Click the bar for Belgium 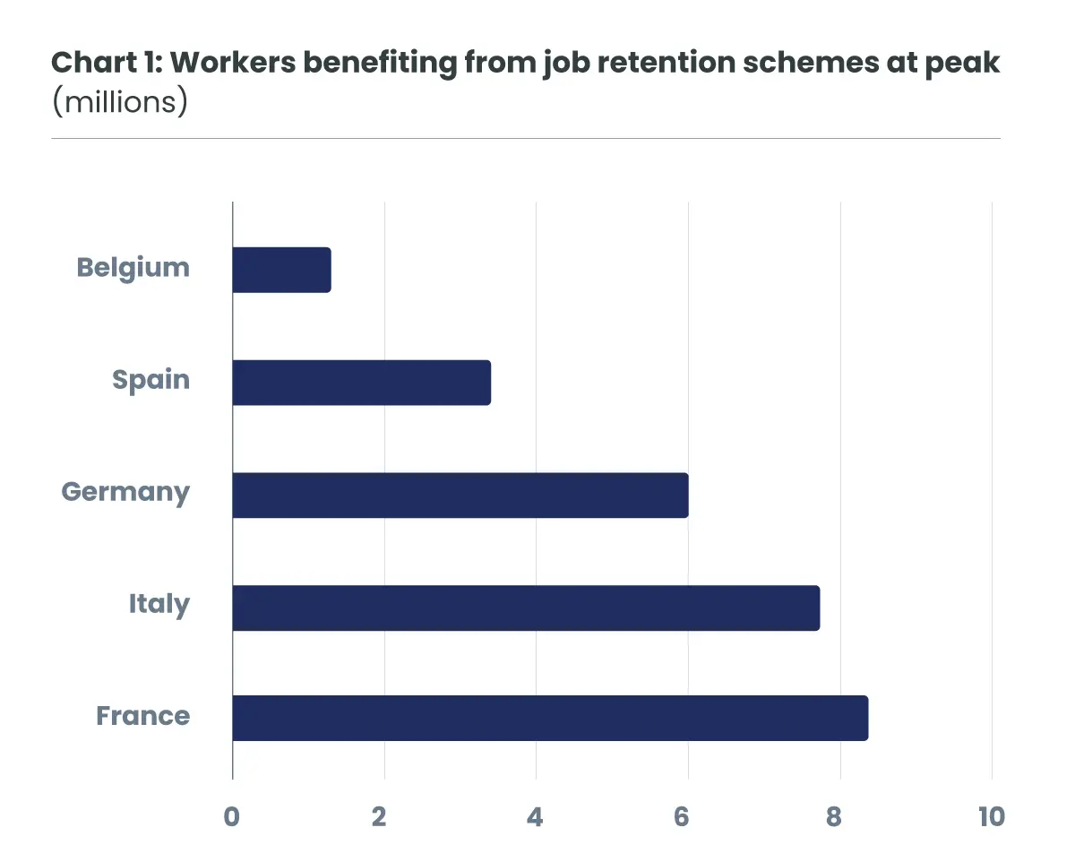coord(281,270)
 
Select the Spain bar coord(361,383)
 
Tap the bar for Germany coord(460,495)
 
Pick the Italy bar coord(526,608)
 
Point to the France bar coord(550,718)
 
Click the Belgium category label coord(133,268)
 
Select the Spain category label coord(150,380)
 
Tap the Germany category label coord(125,493)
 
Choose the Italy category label coord(159,605)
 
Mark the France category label coord(142,717)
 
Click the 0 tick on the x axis coord(232,816)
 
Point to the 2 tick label coord(379,816)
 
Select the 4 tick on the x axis coord(535,816)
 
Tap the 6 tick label coord(682,816)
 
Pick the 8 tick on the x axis coord(834,816)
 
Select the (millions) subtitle coord(119,101)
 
